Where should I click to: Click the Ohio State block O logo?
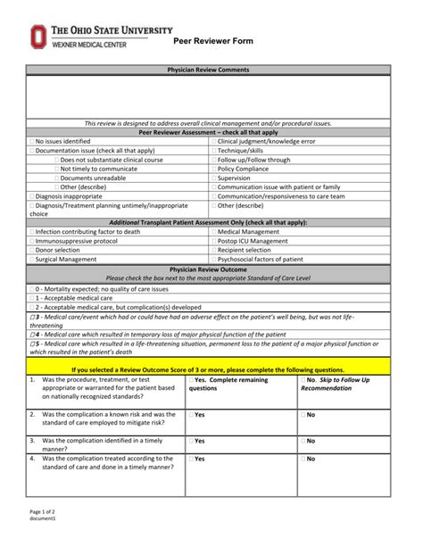37,37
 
